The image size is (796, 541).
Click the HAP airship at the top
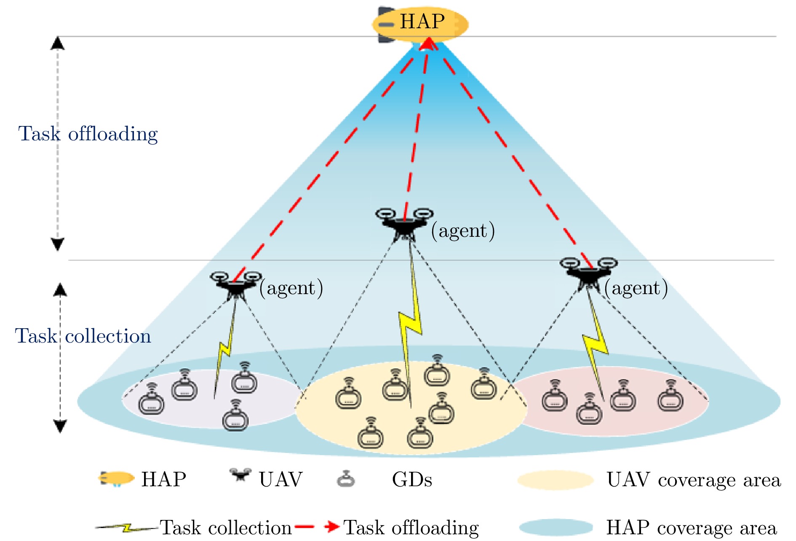(420, 23)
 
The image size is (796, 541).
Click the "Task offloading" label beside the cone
(88, 134)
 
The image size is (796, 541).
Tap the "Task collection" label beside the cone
(83, 336)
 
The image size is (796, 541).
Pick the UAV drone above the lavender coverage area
(236, 285)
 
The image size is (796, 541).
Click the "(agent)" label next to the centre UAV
(463, 231)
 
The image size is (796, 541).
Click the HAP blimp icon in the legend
(116, 479)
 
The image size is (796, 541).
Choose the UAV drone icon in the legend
(240, 474)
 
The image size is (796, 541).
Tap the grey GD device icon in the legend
(346, 479)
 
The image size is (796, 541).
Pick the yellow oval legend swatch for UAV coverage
(555, 480)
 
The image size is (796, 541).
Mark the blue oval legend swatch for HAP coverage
(556, 527)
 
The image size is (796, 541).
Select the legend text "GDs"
(412, 479)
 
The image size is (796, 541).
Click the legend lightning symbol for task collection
(126, 528)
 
